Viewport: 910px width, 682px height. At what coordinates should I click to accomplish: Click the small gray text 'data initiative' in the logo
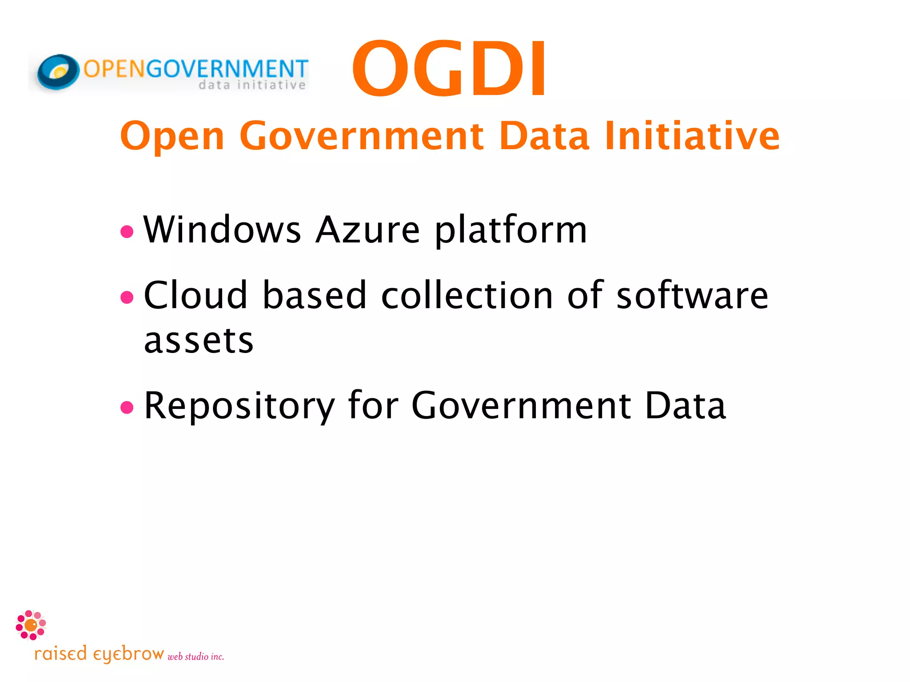coord(252,85)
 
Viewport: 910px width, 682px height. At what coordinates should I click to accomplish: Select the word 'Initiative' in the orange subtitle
coord(692,135)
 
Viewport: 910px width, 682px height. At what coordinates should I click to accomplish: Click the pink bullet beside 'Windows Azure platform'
coord(127,231)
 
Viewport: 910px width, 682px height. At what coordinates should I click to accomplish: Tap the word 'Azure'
coord(367,230)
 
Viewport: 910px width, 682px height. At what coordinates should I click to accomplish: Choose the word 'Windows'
coord(222,230)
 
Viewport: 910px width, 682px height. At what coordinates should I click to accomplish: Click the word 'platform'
coord(511,230)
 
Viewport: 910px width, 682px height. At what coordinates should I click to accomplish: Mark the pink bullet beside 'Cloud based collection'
coord(127,297)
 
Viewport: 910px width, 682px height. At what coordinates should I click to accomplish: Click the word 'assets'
coord(199,341)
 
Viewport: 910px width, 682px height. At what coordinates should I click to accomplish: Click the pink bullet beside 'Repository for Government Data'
coord(127,407)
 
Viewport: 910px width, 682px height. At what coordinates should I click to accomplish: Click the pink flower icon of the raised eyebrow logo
coord(31,625)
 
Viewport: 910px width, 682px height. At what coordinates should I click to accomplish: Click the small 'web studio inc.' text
coord(196,657)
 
